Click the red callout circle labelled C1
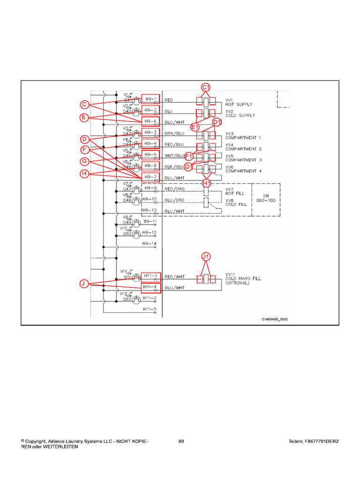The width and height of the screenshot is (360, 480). coord(206,87)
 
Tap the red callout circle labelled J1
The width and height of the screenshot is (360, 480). coord(206,256)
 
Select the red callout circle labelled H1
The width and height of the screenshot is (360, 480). coord(206,183)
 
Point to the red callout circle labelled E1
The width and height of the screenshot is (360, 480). coord(195,127)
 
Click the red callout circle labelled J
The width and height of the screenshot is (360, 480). coord(83,284)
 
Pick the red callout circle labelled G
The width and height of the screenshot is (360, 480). coord(84,162)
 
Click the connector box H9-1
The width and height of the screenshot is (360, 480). coord(151,99)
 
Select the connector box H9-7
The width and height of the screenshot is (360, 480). coord(151,177)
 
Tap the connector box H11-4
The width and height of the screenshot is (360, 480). coord(151,287)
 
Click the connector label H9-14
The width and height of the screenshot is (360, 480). coord(150,244)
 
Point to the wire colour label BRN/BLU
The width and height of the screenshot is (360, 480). coord(174,134)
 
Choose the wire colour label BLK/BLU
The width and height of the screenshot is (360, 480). coord(174,167)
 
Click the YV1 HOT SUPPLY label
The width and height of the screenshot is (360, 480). coord(239,102)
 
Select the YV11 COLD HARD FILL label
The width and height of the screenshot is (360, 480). coord(243,278)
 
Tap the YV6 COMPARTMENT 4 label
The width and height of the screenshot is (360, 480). coord(243,169)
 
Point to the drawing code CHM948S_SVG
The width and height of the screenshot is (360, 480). coord(275,319)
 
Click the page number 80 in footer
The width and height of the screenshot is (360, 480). coord(181,442)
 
